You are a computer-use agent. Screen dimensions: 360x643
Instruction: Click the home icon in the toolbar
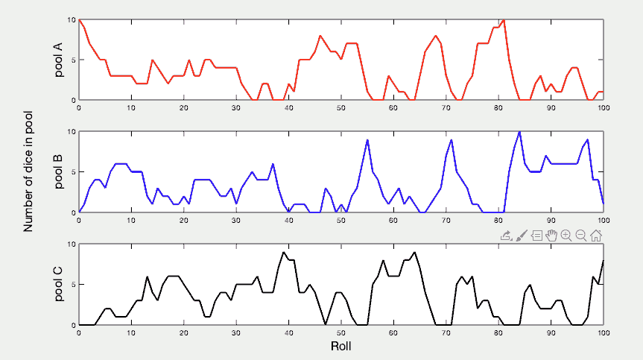(596, 236)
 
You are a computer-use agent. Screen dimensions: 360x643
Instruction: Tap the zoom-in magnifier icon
(566, 236)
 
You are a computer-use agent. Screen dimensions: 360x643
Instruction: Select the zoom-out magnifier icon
(581, 236)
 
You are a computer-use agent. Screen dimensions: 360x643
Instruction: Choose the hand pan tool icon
(551, 236)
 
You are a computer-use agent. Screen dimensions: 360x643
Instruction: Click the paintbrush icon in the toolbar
(522, 236)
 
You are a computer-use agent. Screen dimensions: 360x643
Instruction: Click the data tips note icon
(536, 236)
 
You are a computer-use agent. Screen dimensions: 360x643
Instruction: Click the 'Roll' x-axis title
(340, 347)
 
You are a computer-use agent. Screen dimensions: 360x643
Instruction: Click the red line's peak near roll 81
(504, 20)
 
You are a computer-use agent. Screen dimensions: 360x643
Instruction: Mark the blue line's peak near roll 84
(519, 132)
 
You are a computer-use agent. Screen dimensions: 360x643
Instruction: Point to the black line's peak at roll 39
(283, 252)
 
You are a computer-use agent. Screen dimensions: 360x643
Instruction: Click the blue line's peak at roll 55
(367, 140)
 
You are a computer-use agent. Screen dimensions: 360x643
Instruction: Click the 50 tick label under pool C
(340, 332)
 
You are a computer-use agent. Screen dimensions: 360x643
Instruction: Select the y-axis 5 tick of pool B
(72, 172)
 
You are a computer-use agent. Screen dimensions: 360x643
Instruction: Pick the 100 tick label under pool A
(602, 107)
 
